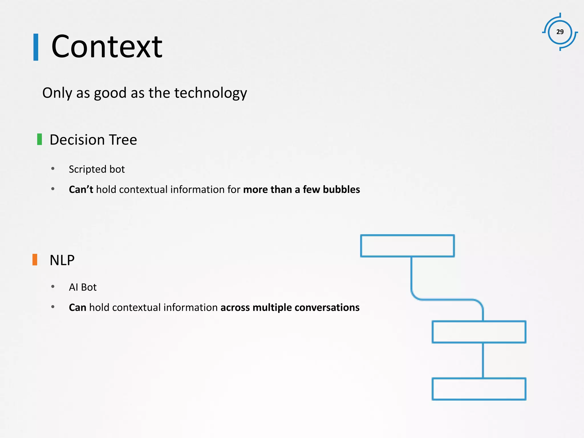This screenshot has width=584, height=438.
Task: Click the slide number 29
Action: click(560, 32)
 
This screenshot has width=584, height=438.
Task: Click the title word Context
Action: click(107, 46)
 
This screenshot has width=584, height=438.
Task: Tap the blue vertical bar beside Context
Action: click(36, 47)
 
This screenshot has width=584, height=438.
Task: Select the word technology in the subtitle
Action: click(210, 93)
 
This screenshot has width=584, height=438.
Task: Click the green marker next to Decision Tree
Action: click(40, 139)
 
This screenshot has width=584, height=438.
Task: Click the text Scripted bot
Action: click(97, 169)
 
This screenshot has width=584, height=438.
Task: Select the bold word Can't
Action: click(81, 189)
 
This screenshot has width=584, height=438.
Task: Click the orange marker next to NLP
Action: click(35, 260)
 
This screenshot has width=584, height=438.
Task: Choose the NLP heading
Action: click(62, 260)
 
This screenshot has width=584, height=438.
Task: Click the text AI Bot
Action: click(83, 287)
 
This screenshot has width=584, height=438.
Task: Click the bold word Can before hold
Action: click(77, 307)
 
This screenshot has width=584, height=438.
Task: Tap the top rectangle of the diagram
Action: click(407, 246)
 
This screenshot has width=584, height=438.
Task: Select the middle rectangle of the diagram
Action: click(479, 332)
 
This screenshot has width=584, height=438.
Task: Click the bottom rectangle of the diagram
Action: click(479, 389)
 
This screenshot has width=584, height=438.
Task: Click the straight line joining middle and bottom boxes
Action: click(483, 360)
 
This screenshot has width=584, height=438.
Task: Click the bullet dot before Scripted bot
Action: click(53, 169)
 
